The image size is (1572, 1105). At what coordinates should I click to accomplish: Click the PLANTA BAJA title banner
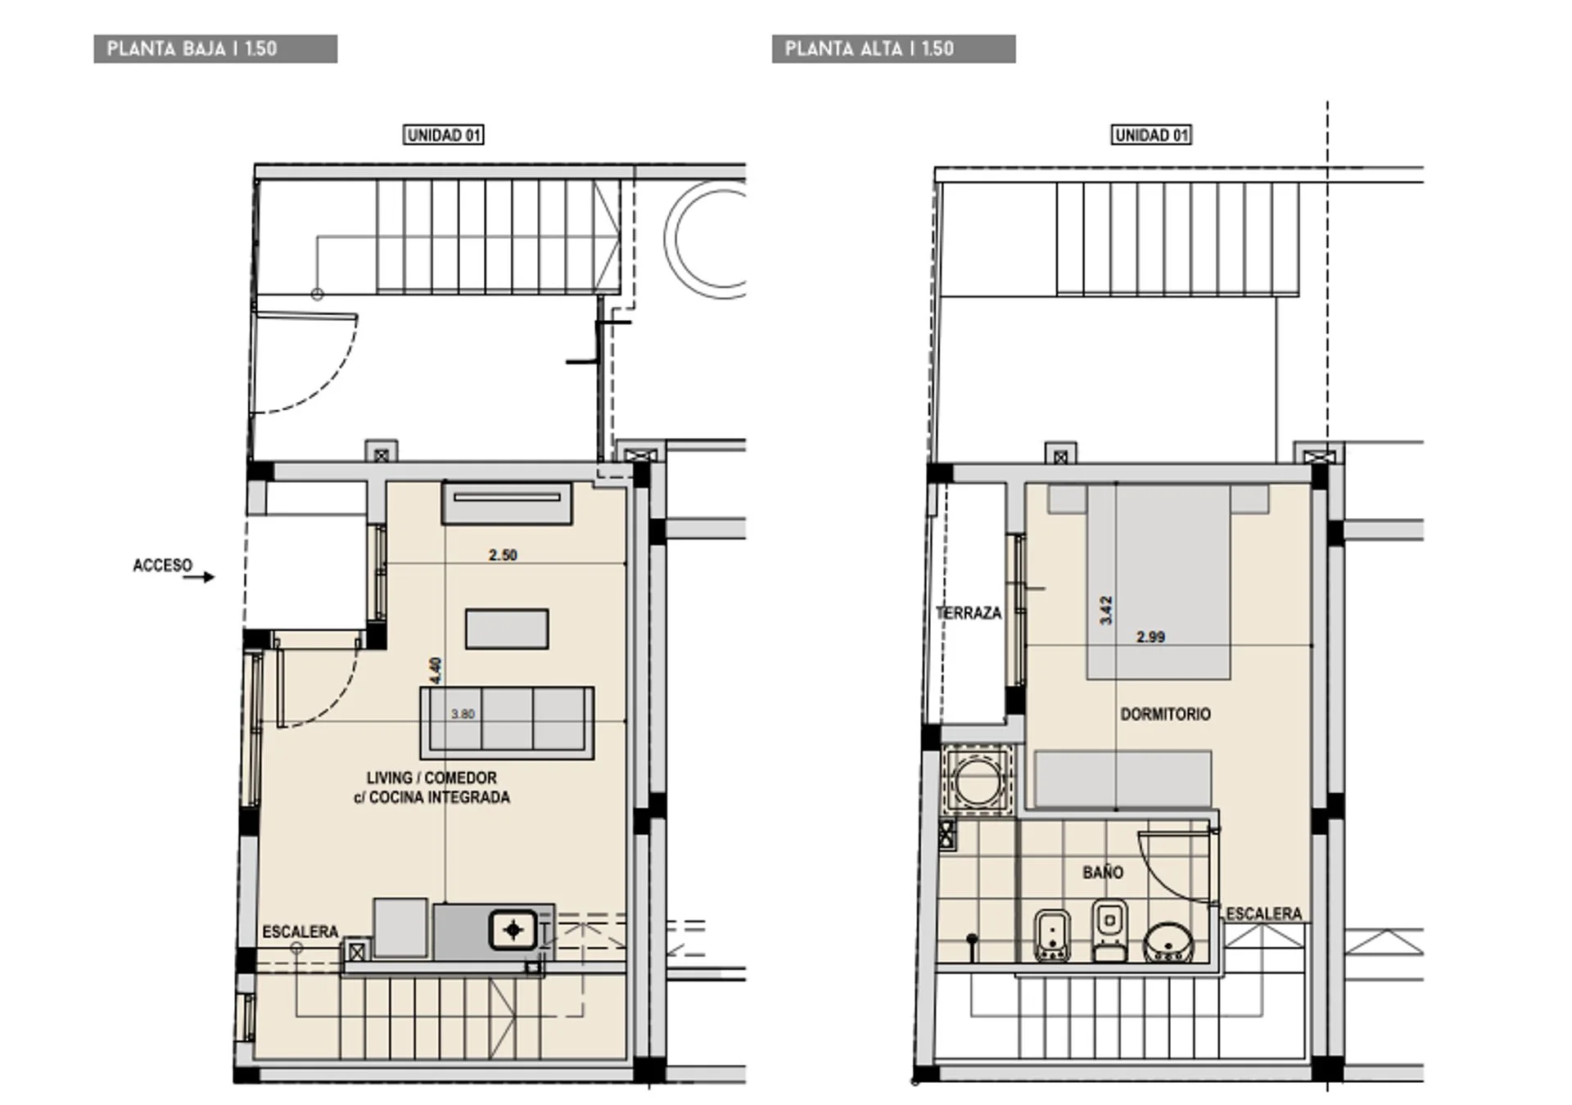pyautogui.click(x=215, y=48)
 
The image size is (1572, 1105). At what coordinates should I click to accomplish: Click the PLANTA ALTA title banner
pyautogui.click(x=893, y=48)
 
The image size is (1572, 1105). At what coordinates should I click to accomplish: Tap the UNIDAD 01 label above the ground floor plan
pyautogui.click(x=444, y=135)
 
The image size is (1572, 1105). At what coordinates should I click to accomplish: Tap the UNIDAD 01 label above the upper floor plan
pyautogui.click(x=1151, y=135)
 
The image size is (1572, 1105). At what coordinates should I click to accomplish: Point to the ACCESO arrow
pyautogui.click(x=198, y=577)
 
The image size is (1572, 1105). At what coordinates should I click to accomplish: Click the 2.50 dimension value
pyautogui.click(x=503, y=555)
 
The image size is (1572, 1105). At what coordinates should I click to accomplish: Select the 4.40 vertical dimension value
pyautogui.click(x=436, y=670)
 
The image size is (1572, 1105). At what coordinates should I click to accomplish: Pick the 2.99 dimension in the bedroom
pyautogui.click(x=1150, y=637)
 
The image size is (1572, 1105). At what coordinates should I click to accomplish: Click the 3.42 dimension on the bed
pyautogui.click(x=1106, y=611)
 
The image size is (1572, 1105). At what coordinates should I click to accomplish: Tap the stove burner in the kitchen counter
pyautogui.click(x=513, y=930)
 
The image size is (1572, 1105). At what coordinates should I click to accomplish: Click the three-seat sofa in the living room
pyautogui.click(x=507, y=723)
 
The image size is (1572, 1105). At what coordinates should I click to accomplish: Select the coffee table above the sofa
pyautogui.click(x=507, y=629)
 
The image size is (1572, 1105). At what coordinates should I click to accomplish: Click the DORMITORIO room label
pyautogui.click(x=1165, y=715)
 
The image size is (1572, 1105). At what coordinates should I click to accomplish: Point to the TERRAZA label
pyautogui.click(x=969, y=613)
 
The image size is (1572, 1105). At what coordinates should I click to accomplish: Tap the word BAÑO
pyautogui.click(x=1103, y=873)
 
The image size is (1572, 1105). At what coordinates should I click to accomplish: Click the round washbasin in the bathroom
pyautogui.click(x=1168, y=943)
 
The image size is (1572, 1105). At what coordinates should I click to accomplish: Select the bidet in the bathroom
pyautogui.click(x=1052, y=935)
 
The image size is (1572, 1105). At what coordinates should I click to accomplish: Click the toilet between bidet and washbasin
pyautogui.click(x=1109, y=930)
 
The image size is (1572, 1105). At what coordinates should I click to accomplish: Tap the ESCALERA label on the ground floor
pyautogui.click(x=300, y=931)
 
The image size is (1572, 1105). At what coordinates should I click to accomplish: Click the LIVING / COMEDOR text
pyautogui.click(x=431, y=778)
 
